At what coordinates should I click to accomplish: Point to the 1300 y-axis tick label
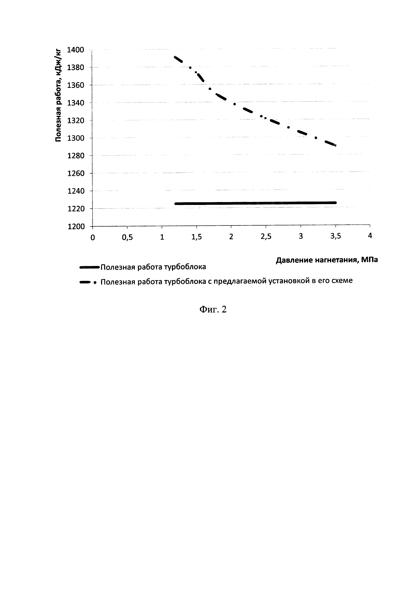[x=76, y=138]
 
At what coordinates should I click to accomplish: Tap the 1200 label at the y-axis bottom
[x=76, y=227]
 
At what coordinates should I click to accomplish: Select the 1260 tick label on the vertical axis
[x=76, y=173]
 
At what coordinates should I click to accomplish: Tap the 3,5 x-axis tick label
[x=335, y=236]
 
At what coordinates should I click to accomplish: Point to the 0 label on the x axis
[x=93, y=237]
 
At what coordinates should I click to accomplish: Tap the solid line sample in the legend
[x=89, y=268]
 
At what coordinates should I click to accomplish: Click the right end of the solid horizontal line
[x=335, y=203]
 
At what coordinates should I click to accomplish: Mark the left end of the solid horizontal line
[x=176, y=204]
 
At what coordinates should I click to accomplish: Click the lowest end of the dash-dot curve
[x=335, y=145]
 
